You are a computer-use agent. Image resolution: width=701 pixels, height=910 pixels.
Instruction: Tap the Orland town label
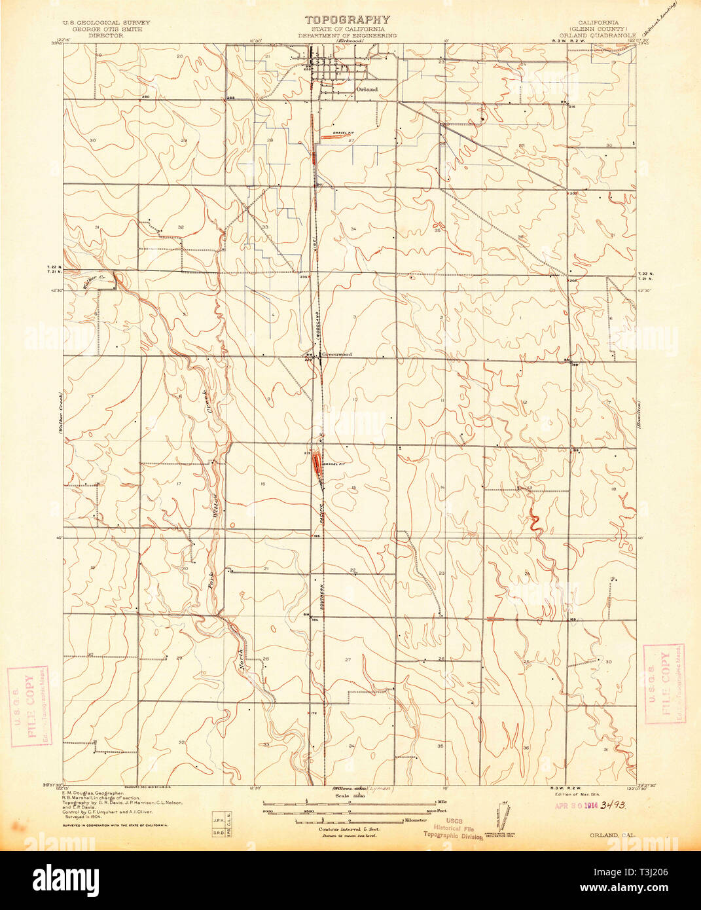(367, 89)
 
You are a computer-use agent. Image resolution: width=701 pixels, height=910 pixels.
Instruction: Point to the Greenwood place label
(336, 354)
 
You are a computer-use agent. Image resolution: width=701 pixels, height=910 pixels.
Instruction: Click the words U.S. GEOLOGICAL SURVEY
(106, 22)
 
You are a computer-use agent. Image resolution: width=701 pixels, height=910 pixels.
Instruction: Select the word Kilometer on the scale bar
(414, 819)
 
